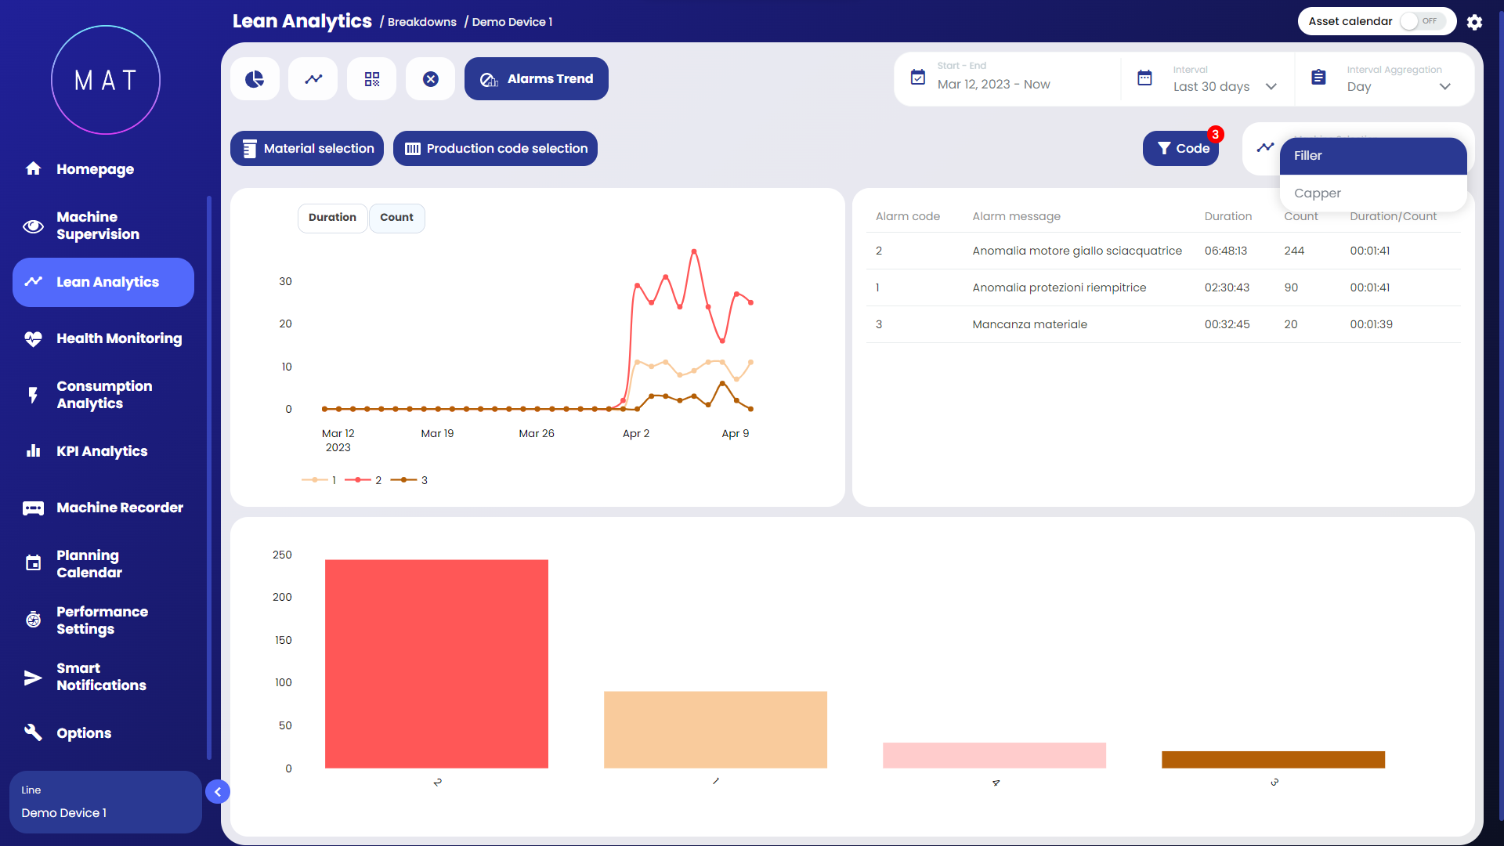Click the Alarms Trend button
click(536, 79)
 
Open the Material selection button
click(307, 149)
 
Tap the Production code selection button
click(495, 149)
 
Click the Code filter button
click(1181, 149)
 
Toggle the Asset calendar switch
click(1423, 21)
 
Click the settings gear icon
click(1474, 22)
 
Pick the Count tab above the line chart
click(396, 218)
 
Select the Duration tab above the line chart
click(332, 218)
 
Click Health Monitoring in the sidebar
click(118, 338)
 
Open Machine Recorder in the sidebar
click(119, 508)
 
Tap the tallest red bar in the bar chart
click(436, 663)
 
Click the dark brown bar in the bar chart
click(1273, 760)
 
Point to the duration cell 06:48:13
click(1225, 251)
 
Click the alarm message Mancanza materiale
click(1029, 324)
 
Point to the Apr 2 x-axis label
click(635, 433)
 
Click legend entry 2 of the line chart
click(364, 480)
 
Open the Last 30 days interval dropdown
click(1224, 86)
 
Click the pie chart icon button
click(255, 79)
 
